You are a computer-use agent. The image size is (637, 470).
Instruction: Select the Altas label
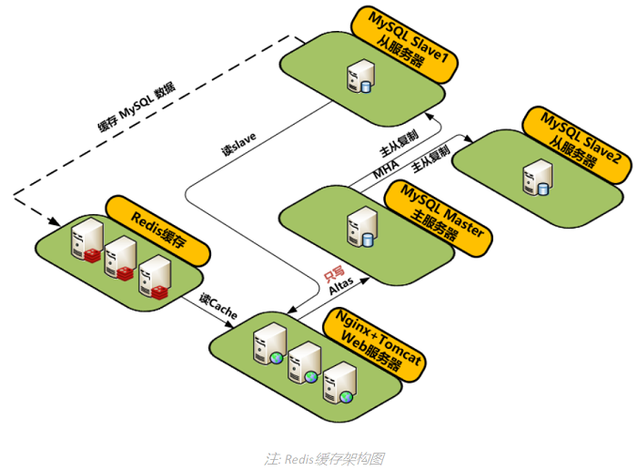click(341, 286)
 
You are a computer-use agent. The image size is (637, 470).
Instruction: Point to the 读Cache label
click(218, 307)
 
